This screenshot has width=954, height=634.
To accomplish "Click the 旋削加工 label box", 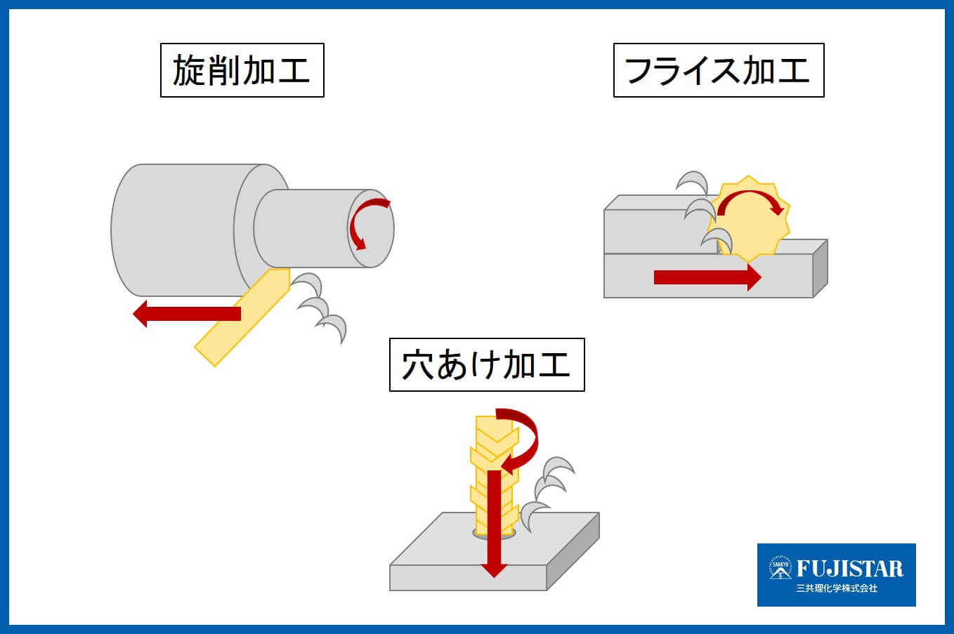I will point(242,70).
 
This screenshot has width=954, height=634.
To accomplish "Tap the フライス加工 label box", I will point(718,70).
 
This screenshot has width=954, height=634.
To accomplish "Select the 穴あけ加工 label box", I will point(486,365).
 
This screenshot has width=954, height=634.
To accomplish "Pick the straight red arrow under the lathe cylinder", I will point(186,313).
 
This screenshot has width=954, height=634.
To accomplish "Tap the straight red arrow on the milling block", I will point(706,277).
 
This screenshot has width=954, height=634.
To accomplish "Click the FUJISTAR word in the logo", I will point(849,568).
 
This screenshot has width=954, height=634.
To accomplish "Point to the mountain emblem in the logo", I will point(779,569).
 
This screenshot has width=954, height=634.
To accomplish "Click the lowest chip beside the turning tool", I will point(332,326).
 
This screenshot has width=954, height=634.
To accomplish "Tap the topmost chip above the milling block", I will point(693,183).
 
